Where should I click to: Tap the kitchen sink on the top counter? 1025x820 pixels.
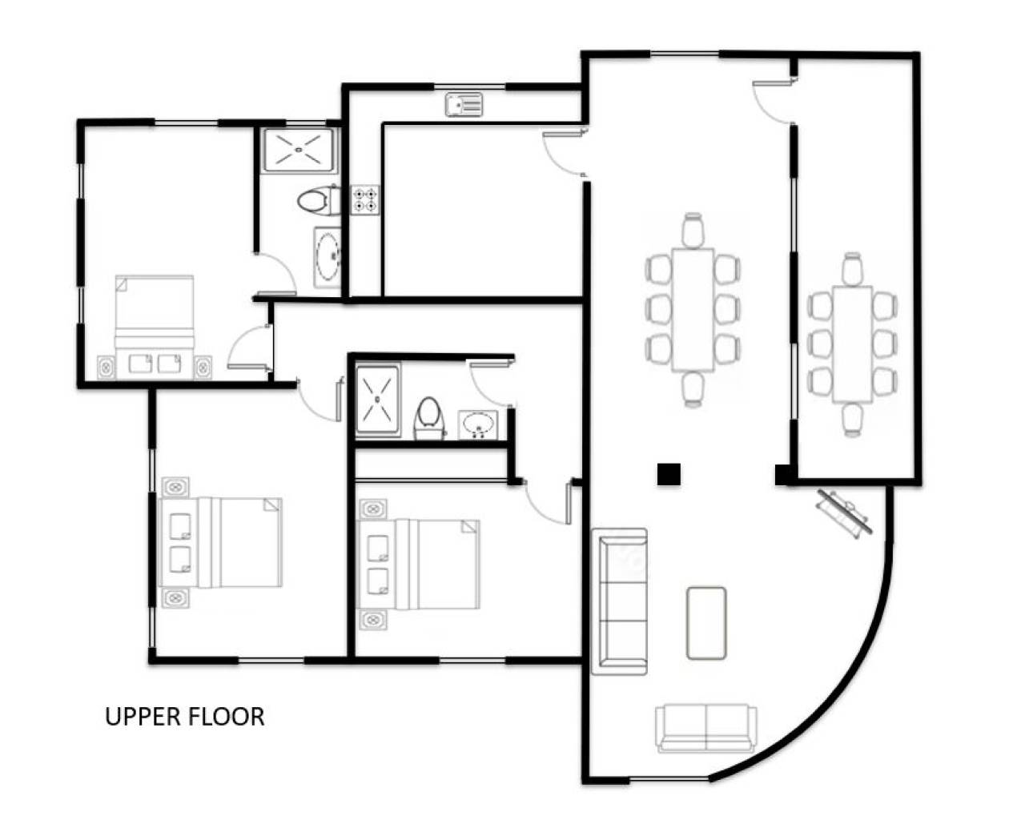[464, 104]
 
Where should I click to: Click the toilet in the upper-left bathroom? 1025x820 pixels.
[317, 200]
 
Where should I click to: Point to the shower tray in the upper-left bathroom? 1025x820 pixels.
[299, 150]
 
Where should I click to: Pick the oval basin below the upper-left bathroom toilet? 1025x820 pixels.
[328, 258]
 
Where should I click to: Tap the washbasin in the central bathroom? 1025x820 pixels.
[479, 424]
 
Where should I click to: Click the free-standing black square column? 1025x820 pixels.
[668, 474]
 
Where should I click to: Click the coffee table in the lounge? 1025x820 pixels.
[706, 622]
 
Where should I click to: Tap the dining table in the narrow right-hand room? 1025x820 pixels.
[852, 344]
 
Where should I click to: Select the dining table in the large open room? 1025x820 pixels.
[692, 309]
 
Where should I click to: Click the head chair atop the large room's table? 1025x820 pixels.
[693, 231]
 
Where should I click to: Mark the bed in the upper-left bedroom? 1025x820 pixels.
[155, 315]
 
